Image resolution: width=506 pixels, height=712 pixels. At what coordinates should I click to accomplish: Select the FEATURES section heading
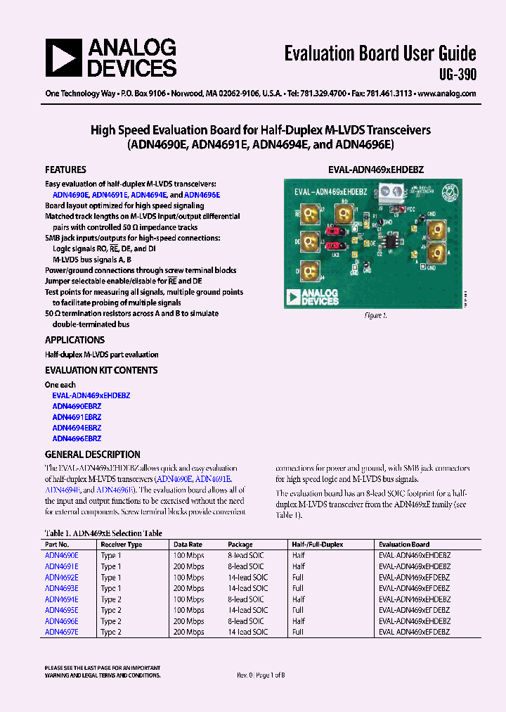tap(65, 170)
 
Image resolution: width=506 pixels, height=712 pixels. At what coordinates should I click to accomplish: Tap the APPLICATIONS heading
tap(74, 340)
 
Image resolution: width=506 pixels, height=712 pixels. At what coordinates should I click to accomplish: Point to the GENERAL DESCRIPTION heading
tap(92, 454)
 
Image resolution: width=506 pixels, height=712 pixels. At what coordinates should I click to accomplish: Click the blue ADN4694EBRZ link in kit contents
tap(77, 428)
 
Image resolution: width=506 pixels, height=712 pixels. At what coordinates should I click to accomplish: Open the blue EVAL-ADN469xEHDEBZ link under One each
tap(91, 395)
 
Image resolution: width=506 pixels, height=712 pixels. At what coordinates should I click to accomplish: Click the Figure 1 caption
tap(375, 316)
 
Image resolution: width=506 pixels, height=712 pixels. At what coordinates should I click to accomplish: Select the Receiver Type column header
tap(121, 545)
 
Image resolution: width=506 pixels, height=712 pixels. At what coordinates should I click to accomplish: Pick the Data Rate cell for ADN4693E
tap(188, 588)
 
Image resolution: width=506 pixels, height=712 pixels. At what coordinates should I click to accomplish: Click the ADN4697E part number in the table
tap(61, 632)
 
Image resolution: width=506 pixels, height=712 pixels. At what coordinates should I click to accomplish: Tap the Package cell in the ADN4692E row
tap(248, 577)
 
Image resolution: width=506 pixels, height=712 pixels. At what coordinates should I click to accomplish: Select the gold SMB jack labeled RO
tap(346, 213)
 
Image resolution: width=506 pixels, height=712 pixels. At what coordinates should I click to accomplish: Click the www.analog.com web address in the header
tap(450, 94)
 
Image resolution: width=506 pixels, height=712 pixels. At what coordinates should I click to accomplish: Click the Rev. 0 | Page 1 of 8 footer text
tap(261, 675)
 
